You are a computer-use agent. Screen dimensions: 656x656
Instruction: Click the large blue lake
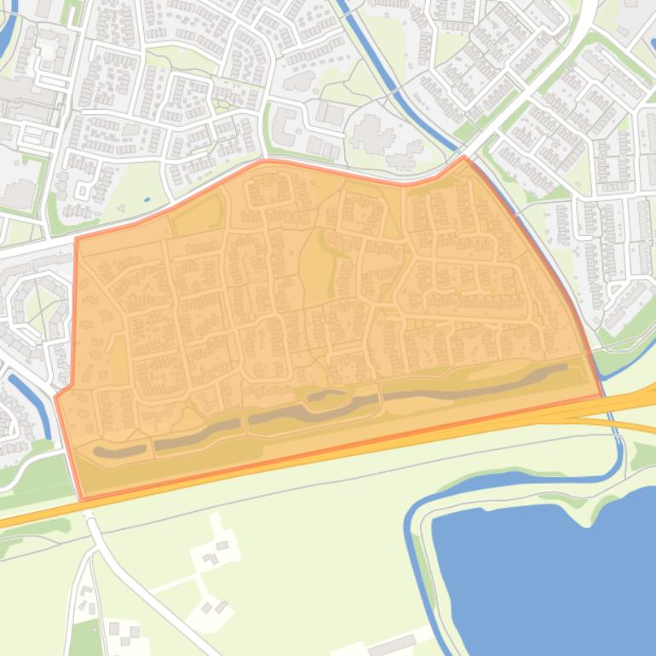tap(545, 571)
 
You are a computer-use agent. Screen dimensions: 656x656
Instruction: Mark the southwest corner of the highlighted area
tap(82, 498)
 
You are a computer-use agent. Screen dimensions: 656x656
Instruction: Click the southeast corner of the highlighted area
tap(602, 395)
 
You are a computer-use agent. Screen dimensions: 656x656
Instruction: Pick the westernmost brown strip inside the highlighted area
tap(119, 451)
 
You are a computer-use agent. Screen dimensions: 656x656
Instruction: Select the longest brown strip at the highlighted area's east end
tap(477, 383)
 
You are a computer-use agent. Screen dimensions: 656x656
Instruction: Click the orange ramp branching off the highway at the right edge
tap(630, 423)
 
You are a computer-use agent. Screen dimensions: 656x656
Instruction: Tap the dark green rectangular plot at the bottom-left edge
tap(85, 639)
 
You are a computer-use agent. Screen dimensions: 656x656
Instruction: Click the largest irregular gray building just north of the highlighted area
tap(375, 136)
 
